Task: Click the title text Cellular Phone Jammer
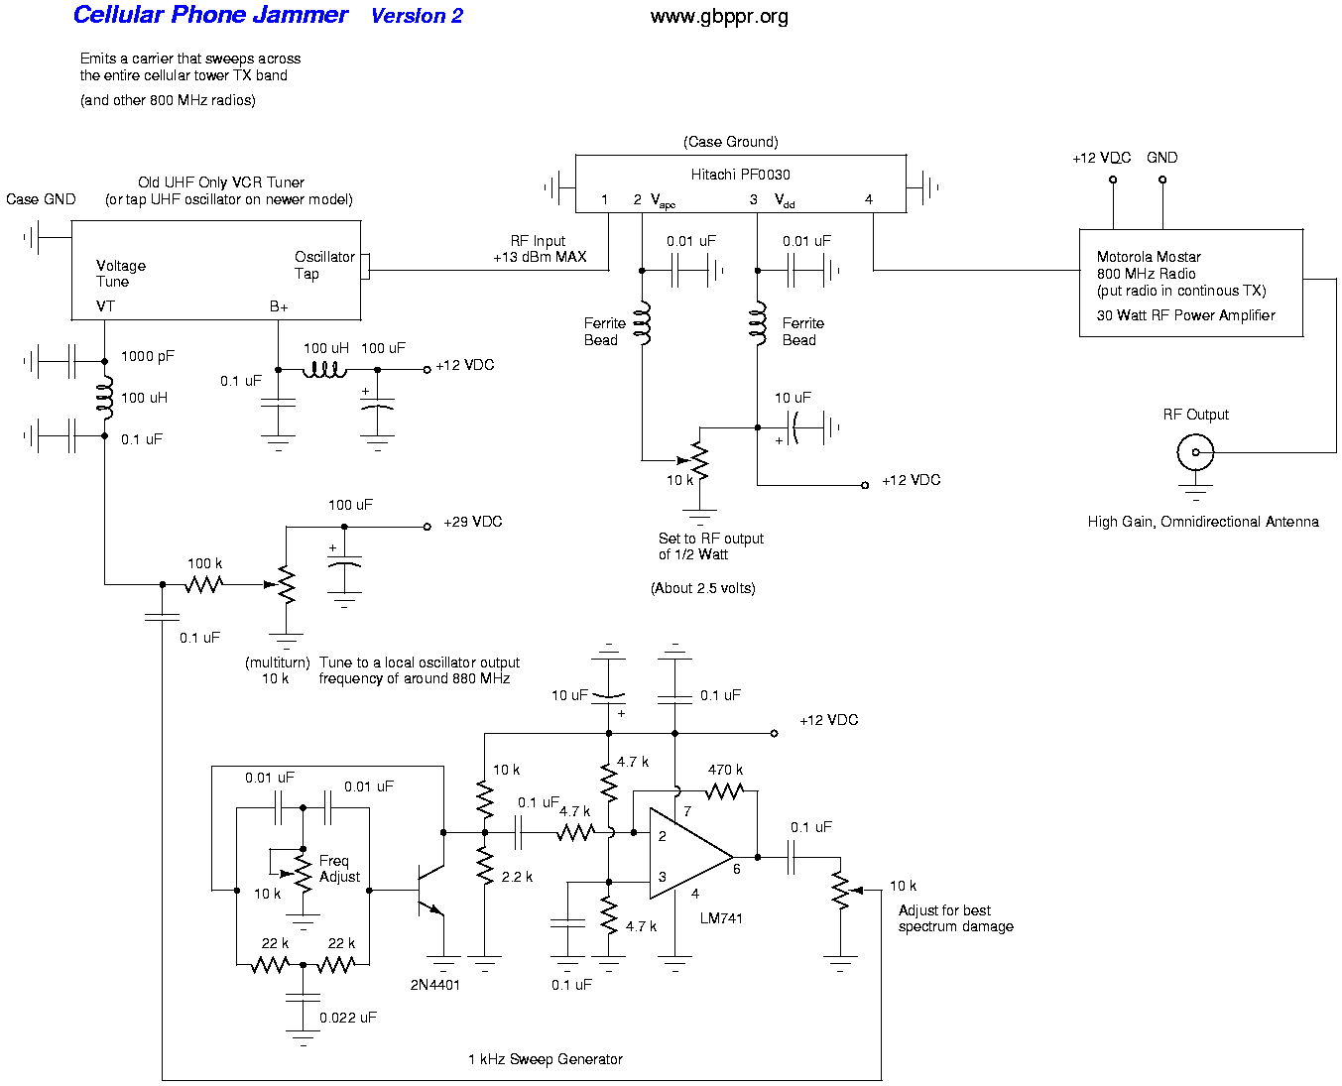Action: click(210, 15)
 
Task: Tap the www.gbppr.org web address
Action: click(719, 16)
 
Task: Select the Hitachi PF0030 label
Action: click(740, 175)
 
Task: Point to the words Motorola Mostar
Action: click(1149, 257)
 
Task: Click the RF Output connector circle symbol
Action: click(1195, 453)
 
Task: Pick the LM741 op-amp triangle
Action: click(688, 855)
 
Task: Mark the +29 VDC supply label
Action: click(472, 522)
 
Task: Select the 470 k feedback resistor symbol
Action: click(725, 790)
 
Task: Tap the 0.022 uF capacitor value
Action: click(348, 1018)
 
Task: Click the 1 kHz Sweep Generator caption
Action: click(546, 1059)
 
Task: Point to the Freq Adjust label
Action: click(338, 869)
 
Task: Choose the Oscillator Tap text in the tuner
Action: click(324, 265)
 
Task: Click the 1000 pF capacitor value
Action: click(148, 356)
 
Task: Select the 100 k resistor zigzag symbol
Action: click(203, 584)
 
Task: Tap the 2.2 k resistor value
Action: click(517, 877)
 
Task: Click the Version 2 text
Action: click(417, 16)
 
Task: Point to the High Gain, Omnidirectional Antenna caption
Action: click(1203, 522)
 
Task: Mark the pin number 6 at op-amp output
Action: click(737, 869)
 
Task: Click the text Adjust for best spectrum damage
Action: click(955, 918)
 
